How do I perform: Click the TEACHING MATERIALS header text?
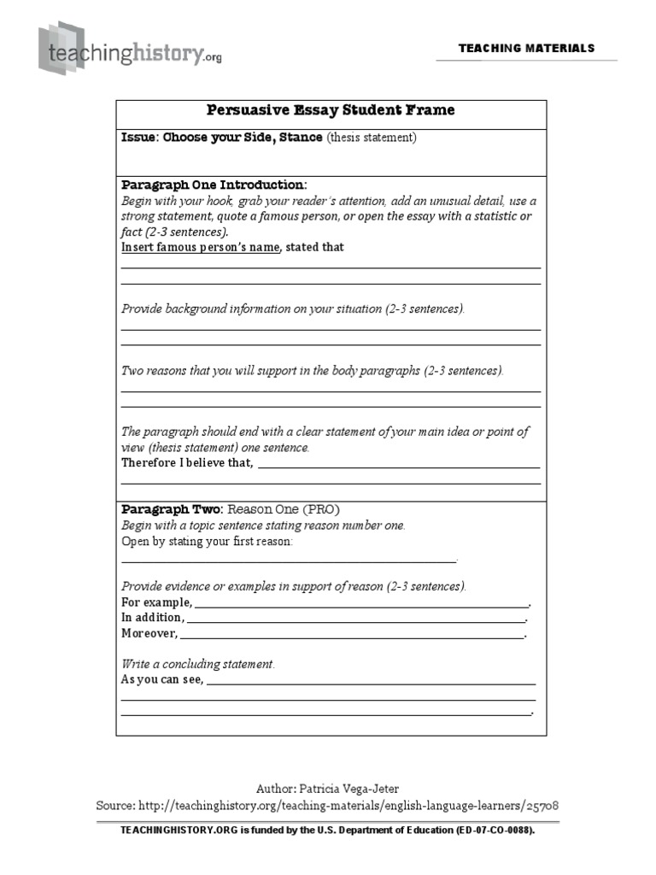coord(526,48)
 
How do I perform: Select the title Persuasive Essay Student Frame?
coord(331,110)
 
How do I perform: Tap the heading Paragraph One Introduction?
coord(213,185)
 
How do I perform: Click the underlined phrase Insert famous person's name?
coord(201,247)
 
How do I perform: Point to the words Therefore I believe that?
coord(187,462)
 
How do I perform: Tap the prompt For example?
coord(156,602)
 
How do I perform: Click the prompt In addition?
coord(152,617)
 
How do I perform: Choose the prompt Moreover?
coord(149,633)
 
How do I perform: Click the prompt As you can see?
coord(162,679)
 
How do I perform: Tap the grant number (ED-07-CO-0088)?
coord(484,830)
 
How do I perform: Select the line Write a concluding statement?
coord(198,664)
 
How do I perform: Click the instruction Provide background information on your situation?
coord(293,308)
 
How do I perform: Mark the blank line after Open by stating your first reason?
coord(289,561)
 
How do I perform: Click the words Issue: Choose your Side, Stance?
coord(222,137)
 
